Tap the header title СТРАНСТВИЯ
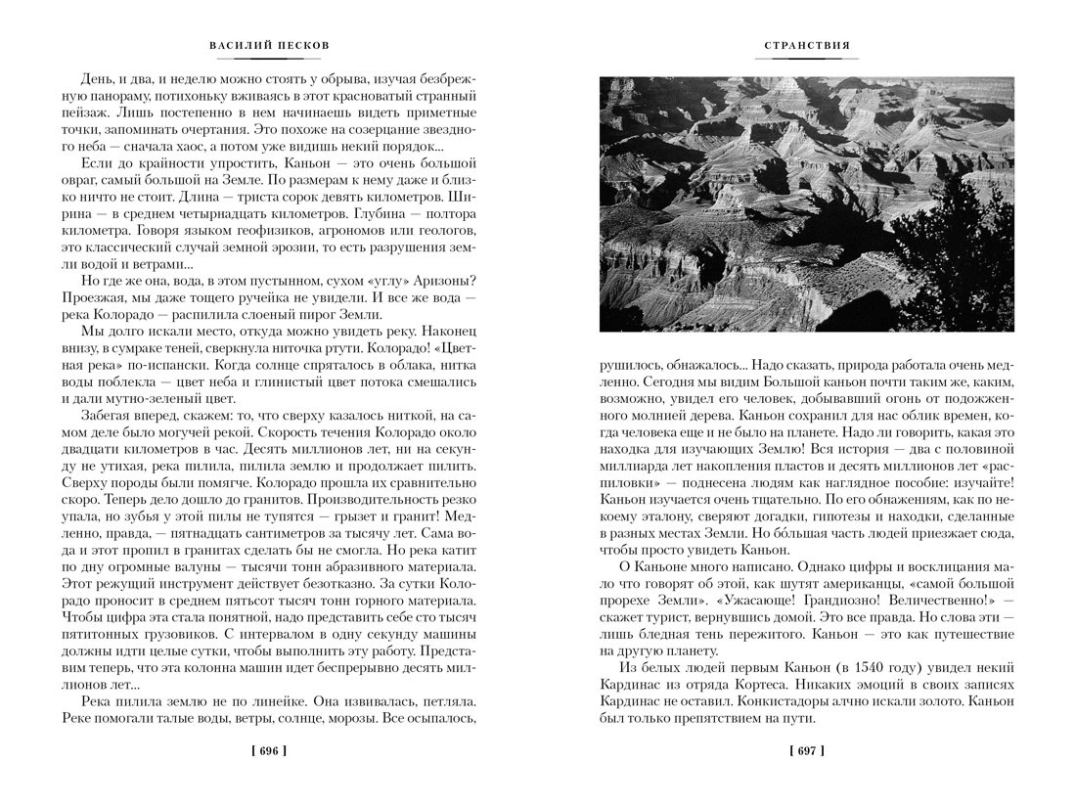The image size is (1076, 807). click(x=807, y=45)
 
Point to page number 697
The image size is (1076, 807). click(x=807, y=751)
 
